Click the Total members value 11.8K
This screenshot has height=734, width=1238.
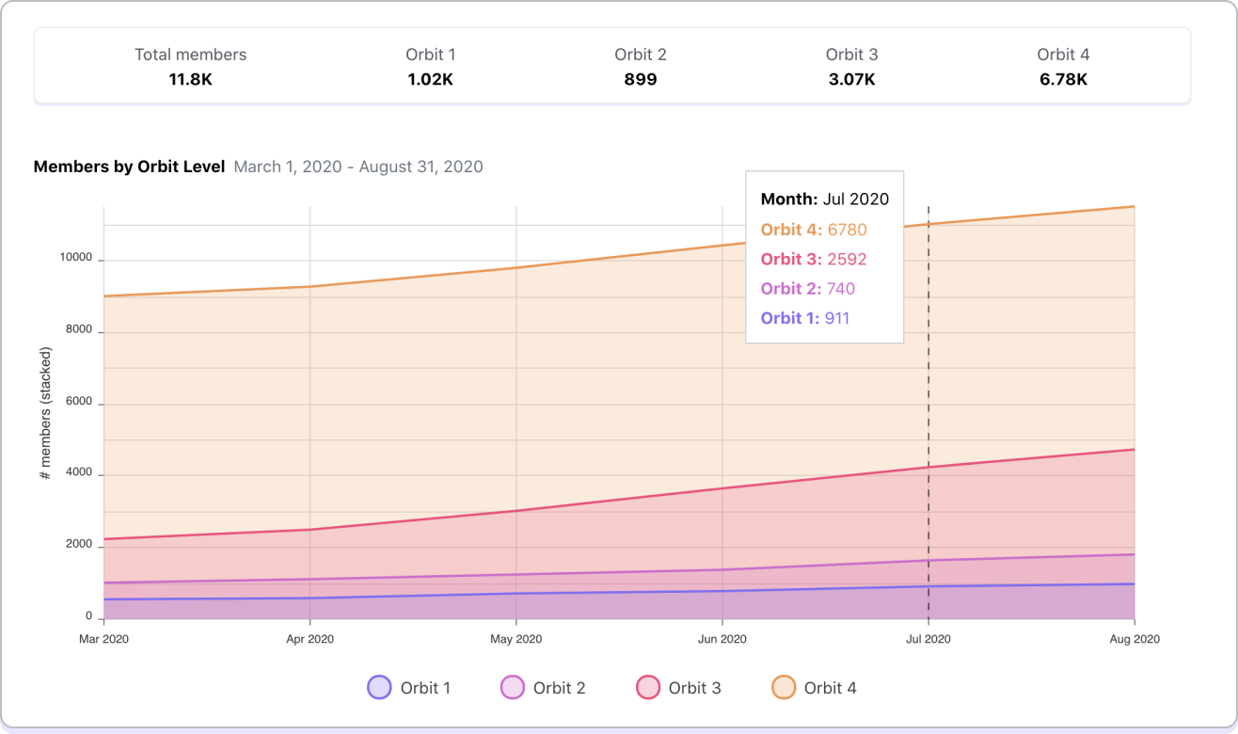[190, 79]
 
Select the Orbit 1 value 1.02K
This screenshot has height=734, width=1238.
[430, 79]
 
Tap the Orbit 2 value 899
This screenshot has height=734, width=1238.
[640, 79]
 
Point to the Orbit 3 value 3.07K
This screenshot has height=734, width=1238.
[851, 79]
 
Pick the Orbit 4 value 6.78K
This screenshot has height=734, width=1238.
[1063, 79]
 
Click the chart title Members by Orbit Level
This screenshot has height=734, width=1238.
[129, 167]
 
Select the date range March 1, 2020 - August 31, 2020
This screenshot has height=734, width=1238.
[358, 167]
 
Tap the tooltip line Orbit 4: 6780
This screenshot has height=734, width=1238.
[814, 230]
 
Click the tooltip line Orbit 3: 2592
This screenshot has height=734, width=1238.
[814, 259]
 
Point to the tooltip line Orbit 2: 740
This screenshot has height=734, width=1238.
[808, 289]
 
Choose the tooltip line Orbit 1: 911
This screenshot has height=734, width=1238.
[805, 318]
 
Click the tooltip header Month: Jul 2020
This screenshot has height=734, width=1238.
[824, 199]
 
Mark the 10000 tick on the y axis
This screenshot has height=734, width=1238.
[76, 259]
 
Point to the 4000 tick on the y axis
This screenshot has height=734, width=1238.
[79, 473]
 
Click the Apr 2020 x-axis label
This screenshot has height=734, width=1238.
[309, 639]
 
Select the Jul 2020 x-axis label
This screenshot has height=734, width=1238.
[928, 639]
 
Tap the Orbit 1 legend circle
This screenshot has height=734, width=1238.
[379, 688]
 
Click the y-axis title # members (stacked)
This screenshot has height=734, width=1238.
[45, 414]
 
